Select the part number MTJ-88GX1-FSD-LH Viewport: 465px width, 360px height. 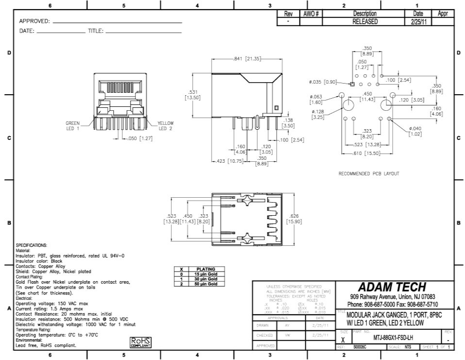coord(394,337)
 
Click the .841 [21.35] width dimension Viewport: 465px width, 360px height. coord(247,59)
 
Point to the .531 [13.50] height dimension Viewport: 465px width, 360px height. coord(192,94)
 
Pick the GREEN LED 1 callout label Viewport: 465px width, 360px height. coord(74,126)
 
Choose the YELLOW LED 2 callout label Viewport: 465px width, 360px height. coord(165,126)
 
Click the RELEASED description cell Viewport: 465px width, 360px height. coord(365,22)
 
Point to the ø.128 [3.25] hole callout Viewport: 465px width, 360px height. coord(318,114)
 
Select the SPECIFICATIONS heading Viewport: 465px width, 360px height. coord(32,246)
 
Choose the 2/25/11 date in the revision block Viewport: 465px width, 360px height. coord(417,22)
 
